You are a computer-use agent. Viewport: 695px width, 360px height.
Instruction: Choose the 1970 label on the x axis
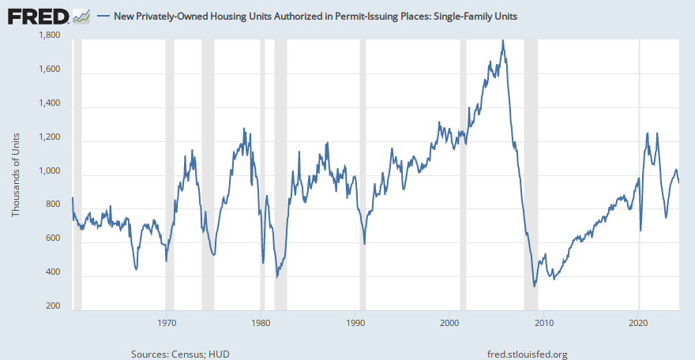coord(167,322)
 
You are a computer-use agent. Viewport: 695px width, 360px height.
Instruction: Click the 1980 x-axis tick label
coord(261,322)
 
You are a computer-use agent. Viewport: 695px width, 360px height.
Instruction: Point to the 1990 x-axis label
coord(355,322)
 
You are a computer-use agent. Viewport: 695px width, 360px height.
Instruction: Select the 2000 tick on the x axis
coord(449,322)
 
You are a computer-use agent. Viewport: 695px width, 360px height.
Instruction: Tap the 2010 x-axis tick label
coord(543,322)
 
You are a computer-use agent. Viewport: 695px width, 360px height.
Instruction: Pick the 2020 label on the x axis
coord(638,322)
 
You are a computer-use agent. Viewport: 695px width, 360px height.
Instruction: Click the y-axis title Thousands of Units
coord(15,174)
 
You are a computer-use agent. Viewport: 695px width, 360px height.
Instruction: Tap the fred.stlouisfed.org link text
coord(528,354)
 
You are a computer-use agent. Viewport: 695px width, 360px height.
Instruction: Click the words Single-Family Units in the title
coord(474,16)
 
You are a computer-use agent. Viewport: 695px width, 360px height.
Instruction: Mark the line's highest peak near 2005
coord(503,40)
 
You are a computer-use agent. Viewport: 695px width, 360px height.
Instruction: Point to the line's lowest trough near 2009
coord(535,286)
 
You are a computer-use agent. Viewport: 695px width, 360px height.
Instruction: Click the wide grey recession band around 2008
coord(531,174)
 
